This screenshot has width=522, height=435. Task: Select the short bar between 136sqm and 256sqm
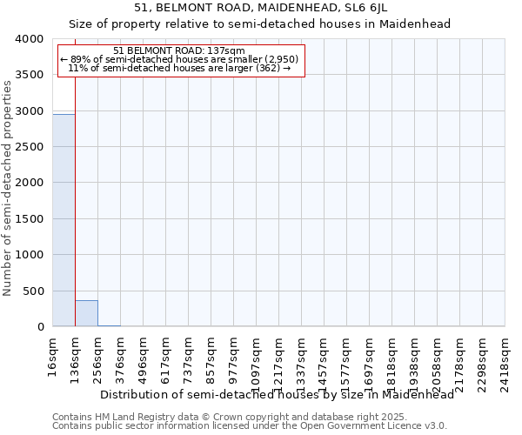(x=86, y=313)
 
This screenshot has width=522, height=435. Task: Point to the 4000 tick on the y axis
(x=30, y=39)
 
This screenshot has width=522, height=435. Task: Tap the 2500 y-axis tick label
(x=30, y=147)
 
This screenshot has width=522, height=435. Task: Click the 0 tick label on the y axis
(x=42, y=327)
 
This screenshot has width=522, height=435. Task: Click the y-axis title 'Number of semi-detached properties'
(x=8, y=187)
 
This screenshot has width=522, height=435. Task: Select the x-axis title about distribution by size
(x=278, y=395)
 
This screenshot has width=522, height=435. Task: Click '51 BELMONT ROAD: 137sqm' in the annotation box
(x=179, y=50)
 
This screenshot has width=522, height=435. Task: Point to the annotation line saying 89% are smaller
(x=179, y=59)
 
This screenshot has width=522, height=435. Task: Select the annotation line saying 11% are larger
(x=179, y=68)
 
